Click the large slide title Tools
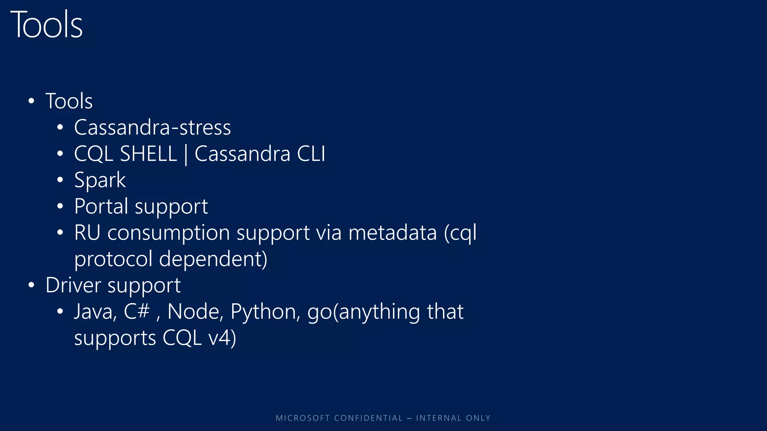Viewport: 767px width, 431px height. click(x=46, y=25)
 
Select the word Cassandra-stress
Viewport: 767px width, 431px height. click(x=152, y=128)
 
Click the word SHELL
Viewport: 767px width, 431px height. click(x=148, y=154)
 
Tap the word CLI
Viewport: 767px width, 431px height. click(x=311, y=154)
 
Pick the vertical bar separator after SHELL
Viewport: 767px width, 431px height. click(x=186, y=155)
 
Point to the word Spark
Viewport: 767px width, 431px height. click(x=100, y=180)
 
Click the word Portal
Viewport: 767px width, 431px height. click(x=101, y=207)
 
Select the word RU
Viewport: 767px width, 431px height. click(x=87, y=233)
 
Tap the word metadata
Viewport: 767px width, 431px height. click(x=392, y=233)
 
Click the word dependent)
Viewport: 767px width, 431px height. click(x=213, y=259)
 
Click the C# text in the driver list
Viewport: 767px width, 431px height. click(x=137, y=311)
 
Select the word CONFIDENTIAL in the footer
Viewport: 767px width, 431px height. click(x=368, y=418)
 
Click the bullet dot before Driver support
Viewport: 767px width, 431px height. click(x=31, y=285)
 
